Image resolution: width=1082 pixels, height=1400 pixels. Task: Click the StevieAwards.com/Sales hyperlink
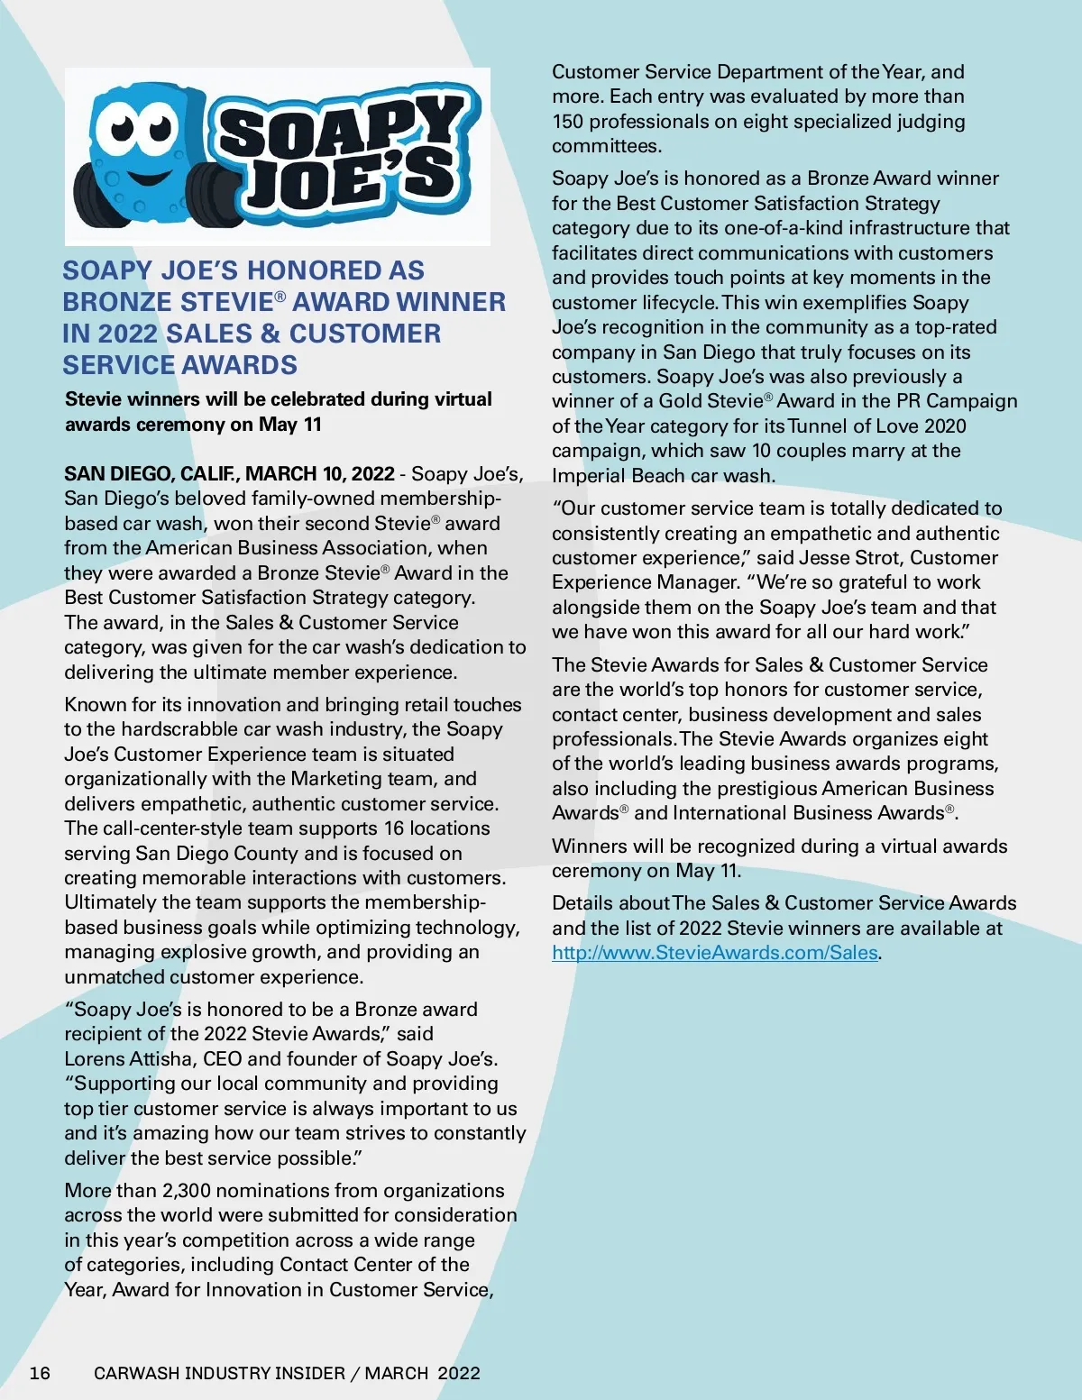pos(715,953)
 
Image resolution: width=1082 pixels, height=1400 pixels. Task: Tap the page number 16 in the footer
pos(40,1373)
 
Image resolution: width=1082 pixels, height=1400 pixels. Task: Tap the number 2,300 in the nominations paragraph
pos(186,1191)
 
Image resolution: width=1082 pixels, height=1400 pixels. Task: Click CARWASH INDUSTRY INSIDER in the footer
pos(219,1373)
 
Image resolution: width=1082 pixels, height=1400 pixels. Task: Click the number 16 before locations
pos(393,828)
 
